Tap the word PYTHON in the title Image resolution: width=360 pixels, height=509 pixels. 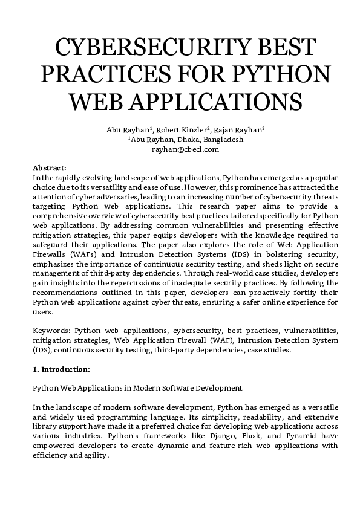point(282,73)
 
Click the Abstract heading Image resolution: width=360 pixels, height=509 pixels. point(50,167)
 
